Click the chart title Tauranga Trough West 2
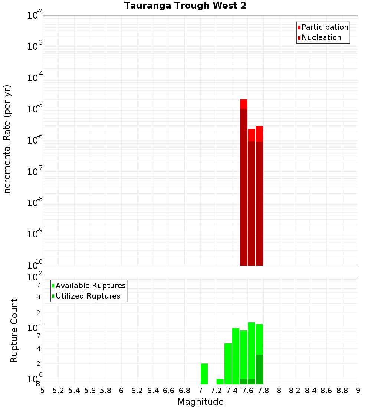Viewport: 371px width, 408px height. (x=185, y=6)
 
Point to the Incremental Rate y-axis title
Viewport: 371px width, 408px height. (x=7, y=141)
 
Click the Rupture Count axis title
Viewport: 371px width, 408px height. (x=14, y=330)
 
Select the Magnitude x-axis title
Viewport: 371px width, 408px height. (x=200, y=402)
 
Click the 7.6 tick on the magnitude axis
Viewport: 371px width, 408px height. (x=248, y=391)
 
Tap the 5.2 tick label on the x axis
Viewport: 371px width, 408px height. (x=58, y=391)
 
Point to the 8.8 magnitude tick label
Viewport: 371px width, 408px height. (x=342, y=391)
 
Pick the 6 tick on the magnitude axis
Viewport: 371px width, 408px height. (x=121, y=391)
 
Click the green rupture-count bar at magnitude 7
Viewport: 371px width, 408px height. (x=204, y=374)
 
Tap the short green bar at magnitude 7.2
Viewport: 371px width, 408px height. (x=220, y=381)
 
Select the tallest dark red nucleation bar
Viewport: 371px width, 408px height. (x=244, y=185)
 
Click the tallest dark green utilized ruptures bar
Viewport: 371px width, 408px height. (x=259, y=369)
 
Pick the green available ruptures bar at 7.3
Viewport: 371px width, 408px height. (x=228, y=363)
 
